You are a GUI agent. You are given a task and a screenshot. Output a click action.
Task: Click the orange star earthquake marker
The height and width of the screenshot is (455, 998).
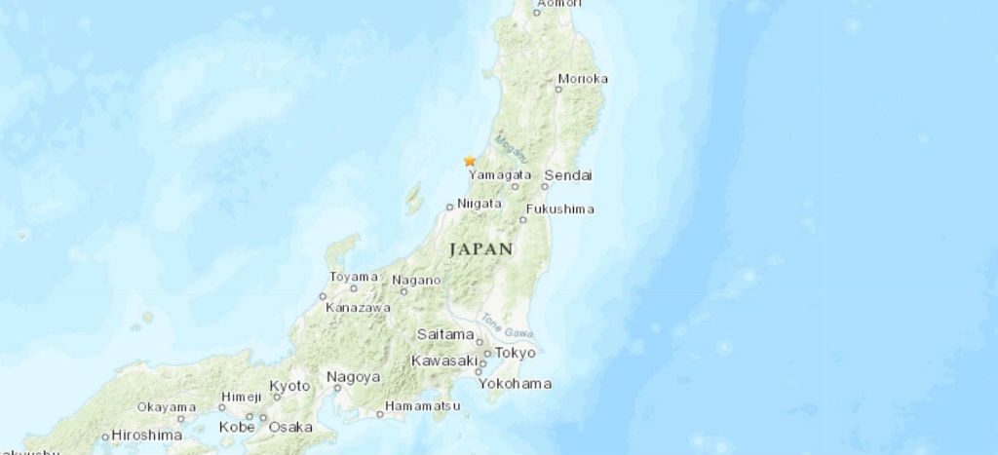pos(470,161)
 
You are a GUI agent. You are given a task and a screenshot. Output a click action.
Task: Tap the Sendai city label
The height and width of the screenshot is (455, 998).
pos(568,175)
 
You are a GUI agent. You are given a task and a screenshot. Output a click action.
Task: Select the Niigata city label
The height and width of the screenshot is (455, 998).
pos(479,204)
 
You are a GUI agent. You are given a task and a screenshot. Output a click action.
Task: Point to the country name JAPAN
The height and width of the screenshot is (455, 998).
pos(480,249)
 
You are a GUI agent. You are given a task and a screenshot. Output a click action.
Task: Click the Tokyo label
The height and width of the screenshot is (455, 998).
pos(517,353)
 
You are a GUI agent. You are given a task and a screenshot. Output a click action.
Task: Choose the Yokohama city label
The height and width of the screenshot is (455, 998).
pos(515,383)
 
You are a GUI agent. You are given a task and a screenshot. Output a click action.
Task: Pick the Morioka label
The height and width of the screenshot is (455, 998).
pos(585,79)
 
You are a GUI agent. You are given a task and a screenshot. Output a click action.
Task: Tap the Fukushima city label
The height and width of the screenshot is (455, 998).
pos(559,209)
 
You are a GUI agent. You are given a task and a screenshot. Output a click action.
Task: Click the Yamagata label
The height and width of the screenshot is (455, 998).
pos(500,175)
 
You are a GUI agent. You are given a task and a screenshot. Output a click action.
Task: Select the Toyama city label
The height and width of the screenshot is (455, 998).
pos(353,278)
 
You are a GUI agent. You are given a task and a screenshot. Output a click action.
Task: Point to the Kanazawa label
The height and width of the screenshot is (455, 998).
pos(358,307)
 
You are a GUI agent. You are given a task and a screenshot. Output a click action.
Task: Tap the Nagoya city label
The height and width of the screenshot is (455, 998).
pos(353,377)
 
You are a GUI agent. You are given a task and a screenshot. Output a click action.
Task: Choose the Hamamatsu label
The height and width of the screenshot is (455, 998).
pos(423,404)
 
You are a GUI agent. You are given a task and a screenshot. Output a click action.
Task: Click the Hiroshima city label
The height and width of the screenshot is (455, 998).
pos(147,435)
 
